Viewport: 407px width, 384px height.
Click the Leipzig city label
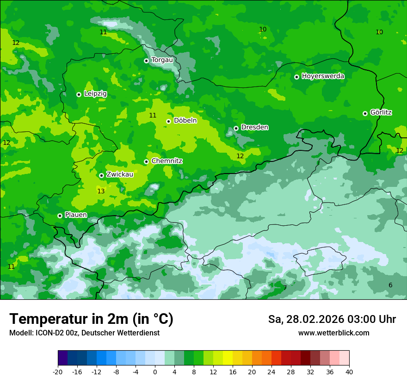pyautogui.click(x=95, y=93)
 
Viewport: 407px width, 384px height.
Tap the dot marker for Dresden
pyautogui.click(x=236, y=128)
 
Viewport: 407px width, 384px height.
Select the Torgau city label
pyautogui.click(x=162, y=60)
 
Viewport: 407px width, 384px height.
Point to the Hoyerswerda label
pyautogui.click(x=323, y=76)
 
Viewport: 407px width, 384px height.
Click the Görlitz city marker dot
pyautogui.click(x=365, y=113)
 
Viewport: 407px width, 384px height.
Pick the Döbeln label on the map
pyautogui.click(x=185, y=120)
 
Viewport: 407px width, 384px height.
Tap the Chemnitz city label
pyautogui.click(x=166, y=161)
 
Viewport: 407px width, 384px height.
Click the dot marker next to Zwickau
pyautogui.click(x=101, y=175)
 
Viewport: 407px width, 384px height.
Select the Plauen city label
pyautogui.click(x=76, y=215)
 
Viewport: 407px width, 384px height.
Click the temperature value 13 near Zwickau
pyautogui.click(x=101, y=191)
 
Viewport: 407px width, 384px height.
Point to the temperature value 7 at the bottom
pyautogui.click(x=285, y=288)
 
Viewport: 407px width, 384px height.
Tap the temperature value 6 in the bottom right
pyautogui.click(x=390, y=285)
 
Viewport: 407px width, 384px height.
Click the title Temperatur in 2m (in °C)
pyautogui.click(x=91, y=319)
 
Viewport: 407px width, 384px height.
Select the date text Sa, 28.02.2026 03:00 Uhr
pyautogui.click(x=332, y=319)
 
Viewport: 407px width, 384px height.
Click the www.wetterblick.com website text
pyautogui.click(x=333, y=333)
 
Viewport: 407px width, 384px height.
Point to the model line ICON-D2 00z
pyautogui.click(x=84, y=333)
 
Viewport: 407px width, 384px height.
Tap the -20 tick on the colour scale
pyautogui.click(x=58, y=372)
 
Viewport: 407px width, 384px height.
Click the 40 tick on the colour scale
pyautogui.click(x=349, y=372)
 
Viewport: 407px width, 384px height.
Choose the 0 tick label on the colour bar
pyautogui.click(x=155, y=372)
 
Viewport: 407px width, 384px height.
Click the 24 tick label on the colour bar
pyautogui.click(x=271, y=372)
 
